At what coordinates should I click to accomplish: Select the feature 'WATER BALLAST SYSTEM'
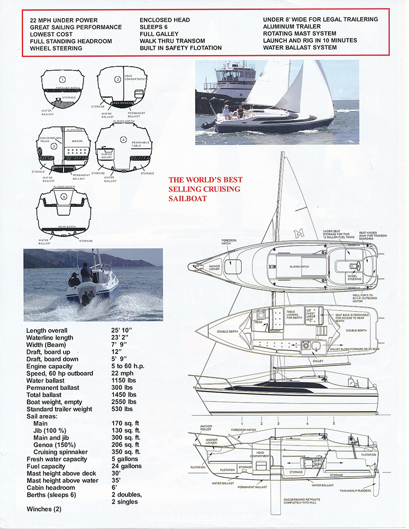pyautogui.click(x=299, y=48)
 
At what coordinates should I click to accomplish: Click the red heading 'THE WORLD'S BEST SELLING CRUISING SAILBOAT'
pyautogui.click(x=204, y=189)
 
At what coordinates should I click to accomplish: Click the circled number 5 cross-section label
pyautogui.click(x=64, y=197)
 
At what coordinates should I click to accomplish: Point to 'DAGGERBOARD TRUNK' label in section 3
pyautogui.click(x=51, y=140)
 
